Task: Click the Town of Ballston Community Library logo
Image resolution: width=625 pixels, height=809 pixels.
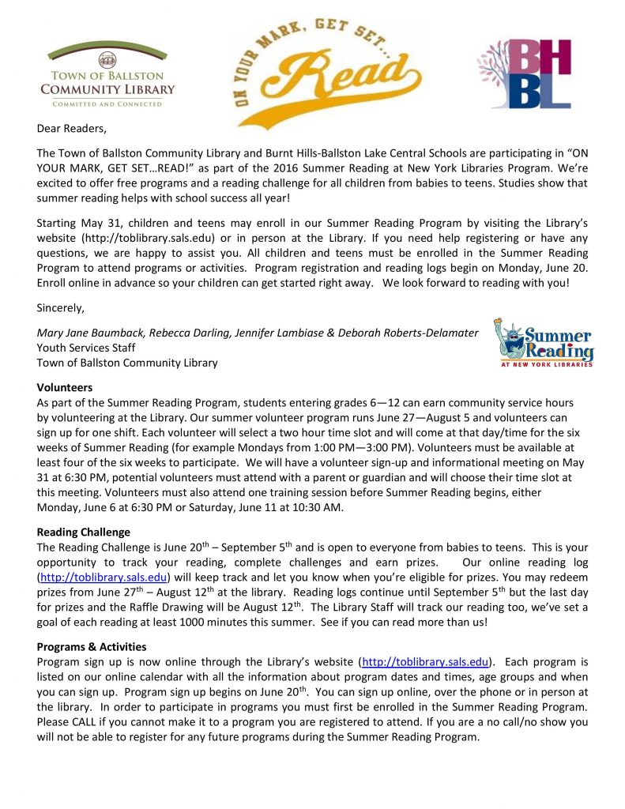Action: click(x=107, y=75)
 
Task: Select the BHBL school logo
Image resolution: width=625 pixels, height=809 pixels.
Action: click(x=525, y=73)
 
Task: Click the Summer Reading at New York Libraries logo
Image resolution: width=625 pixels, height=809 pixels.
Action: click(x=544, y=343)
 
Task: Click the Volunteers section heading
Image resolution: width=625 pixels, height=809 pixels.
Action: click(x=65, y=388)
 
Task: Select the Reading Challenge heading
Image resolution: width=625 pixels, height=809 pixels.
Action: click(x=84, y=532)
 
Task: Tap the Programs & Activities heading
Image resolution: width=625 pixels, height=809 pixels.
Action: click(x=92, y=647)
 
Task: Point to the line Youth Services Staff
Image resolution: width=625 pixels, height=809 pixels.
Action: click(x=86, y=348)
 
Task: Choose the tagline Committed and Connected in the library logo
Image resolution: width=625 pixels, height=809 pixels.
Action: click(x=107, y=103)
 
